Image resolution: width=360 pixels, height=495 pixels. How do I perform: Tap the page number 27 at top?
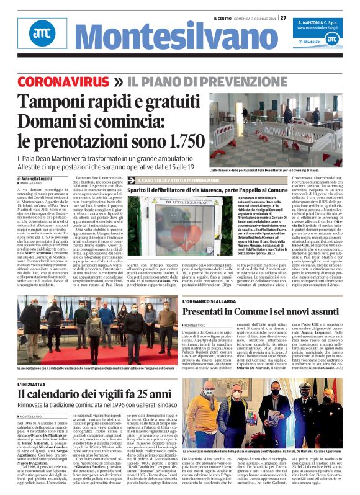282,18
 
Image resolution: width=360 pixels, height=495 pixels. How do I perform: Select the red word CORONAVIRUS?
65,81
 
